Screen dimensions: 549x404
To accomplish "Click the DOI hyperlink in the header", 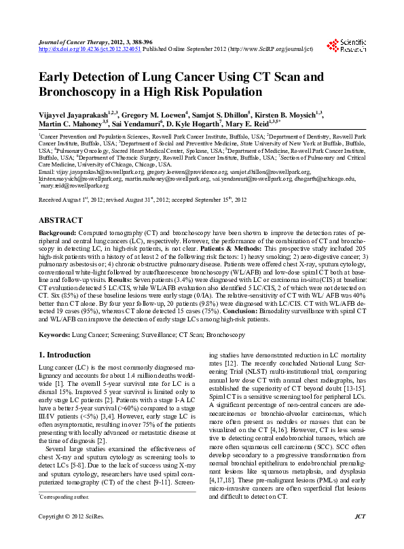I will pos(90,50).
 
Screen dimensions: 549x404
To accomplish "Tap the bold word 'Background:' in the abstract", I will pos(56,232).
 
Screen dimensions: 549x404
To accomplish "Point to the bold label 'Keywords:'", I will pos(54,335).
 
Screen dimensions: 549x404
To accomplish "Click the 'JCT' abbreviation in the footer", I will pos(360,536).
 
